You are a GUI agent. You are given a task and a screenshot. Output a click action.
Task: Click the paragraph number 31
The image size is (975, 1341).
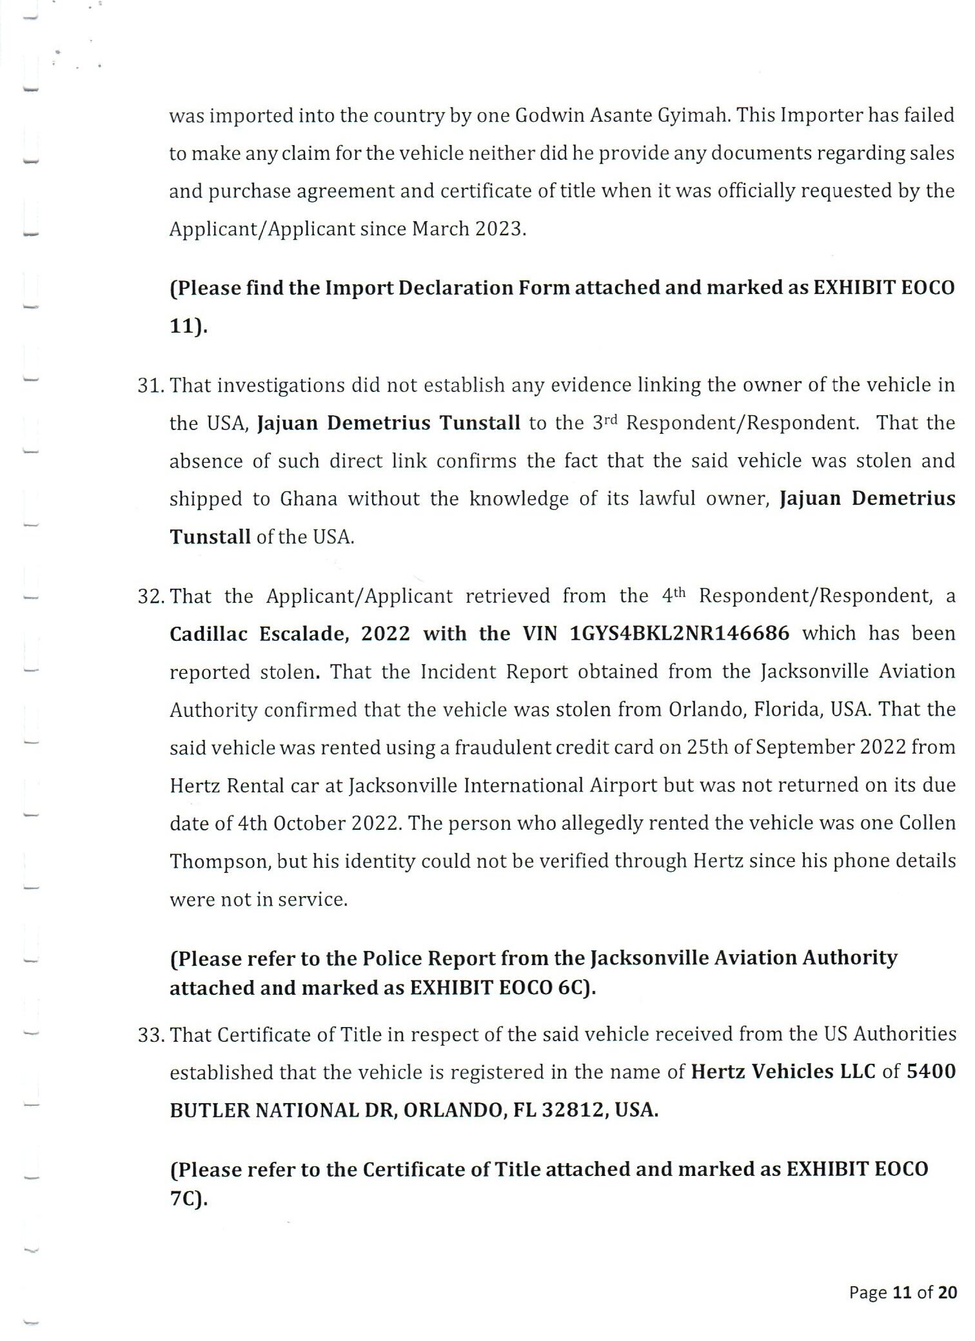tap(151, 386)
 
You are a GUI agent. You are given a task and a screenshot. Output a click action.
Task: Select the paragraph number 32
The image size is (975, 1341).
tap(151, 596)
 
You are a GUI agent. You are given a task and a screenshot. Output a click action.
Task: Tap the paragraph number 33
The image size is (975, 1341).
tap(151, 1035)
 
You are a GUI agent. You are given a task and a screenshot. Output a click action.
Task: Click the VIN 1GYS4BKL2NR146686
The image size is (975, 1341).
tap(680, 634)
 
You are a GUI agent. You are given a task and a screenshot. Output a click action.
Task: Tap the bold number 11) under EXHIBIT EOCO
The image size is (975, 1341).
tap(188, 326)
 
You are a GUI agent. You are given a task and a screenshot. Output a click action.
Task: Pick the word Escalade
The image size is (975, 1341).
tap(304, 634)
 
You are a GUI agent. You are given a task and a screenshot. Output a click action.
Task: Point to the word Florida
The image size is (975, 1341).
tap(787, 710)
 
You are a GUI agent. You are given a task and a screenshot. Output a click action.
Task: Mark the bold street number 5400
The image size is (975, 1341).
tap(931, 1072)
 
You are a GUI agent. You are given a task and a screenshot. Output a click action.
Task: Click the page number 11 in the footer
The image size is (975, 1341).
tap(901, 1293)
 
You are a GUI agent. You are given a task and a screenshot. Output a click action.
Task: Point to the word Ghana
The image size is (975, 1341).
tap(308, 500)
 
